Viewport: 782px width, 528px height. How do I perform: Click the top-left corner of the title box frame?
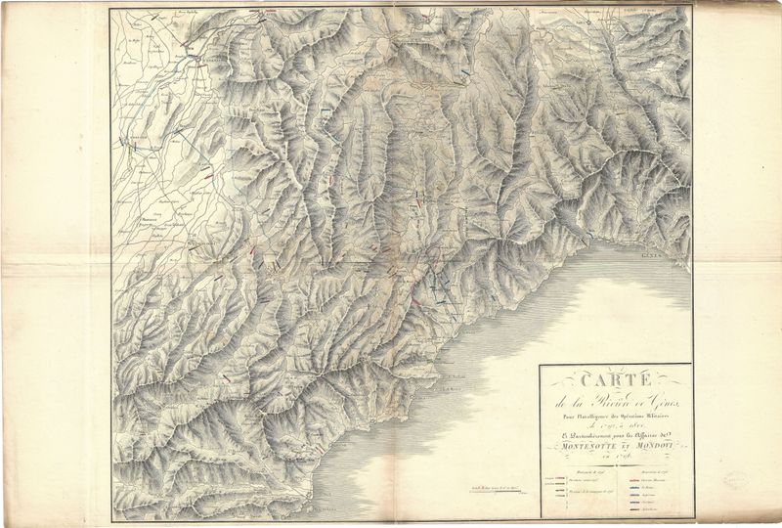pos(541,365)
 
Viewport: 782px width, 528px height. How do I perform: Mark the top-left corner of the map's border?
pos(110,9)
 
